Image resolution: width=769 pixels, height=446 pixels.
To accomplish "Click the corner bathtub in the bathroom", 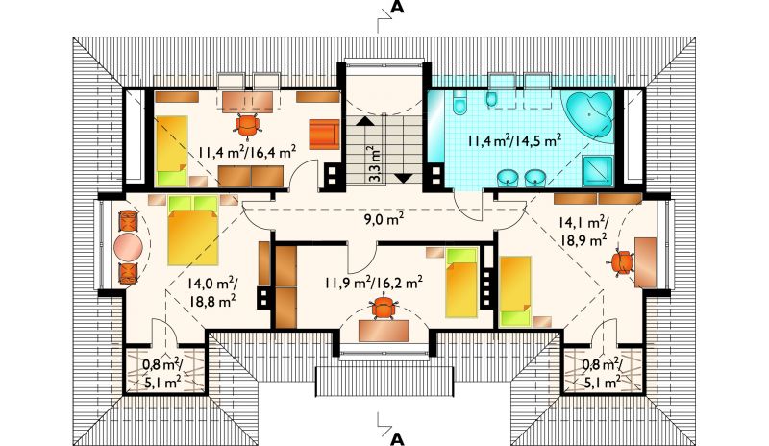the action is pyautogui.click(x=591, y=114).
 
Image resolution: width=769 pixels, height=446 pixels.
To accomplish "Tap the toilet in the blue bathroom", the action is pyautogui.click(x=459, y=103).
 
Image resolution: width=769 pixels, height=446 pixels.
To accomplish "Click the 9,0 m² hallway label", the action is pyautogui.click(x=384, y=219).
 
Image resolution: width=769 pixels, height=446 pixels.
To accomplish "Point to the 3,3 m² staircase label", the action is pyautogui.click(x=375, y=164).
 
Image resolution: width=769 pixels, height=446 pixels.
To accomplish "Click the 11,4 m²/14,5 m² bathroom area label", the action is pyautogui.click(x=514, y=140).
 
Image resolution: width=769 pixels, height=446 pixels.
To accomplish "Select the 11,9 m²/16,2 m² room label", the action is pyautogui.click(x=374, y=283).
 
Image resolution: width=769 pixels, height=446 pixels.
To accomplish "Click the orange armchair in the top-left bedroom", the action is pyautogui.click(x=324, y=134).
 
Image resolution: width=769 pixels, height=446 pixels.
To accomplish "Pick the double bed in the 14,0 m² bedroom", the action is pyautogui.click(x=193, y=231).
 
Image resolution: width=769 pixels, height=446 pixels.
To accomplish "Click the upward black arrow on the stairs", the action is pyautogui.click(x=363, y=121).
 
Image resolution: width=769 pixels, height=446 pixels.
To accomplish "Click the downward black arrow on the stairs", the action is pyautogui.click(x=404, y=178).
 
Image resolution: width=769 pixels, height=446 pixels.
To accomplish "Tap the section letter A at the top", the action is pyautogui.click(x=397, y=9).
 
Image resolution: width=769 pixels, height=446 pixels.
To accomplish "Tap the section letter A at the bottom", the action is pyautogui.click(x=397, y=438).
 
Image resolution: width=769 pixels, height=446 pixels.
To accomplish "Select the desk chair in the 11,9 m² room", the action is pyautogui.click(x=383, y=308).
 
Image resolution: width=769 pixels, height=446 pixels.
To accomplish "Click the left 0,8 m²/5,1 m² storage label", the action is pyautogui.click(x=162, y=372).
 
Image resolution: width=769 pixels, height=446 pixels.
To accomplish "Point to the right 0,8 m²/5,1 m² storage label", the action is pyautogui.click(x=603, y=372).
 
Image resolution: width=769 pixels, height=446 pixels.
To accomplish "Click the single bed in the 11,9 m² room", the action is pyautogui.click(x=461, y=283).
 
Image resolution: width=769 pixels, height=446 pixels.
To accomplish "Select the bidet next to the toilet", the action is pyautogui.click(x=491, y=99).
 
